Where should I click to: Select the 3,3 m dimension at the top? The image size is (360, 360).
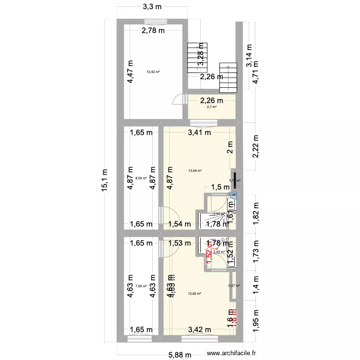click(152, 7)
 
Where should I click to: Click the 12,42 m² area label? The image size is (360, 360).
click(153, 72)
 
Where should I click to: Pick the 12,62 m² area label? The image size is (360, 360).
click(194, 294)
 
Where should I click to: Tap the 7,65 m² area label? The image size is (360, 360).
click(141, 286)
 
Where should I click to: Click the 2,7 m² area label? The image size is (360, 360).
click(212, 107)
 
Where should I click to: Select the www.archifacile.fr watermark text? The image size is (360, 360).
click(231, 353)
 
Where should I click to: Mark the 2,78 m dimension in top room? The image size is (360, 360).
click(153, 31)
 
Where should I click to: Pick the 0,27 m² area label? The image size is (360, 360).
click(235, 286)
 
